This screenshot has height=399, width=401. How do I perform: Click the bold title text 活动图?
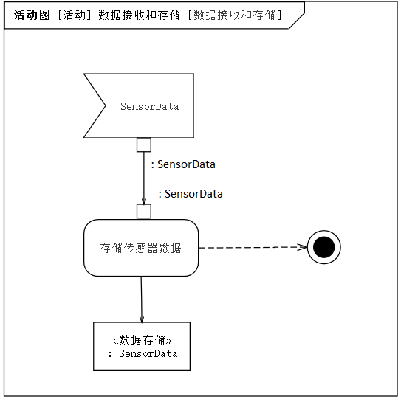32,15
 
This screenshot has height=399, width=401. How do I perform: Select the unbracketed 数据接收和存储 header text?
139,15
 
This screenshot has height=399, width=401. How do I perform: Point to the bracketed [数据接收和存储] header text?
235,15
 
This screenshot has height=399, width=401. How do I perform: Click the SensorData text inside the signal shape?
150,106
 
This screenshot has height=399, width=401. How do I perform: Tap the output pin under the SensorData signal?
144,145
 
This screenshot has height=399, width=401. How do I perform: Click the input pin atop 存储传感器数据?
144,211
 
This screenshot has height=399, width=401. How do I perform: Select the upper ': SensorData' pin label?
183,164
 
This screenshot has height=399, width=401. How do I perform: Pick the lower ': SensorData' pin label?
191,194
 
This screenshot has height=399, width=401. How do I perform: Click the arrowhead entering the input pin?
144,201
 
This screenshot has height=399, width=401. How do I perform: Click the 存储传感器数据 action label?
140,248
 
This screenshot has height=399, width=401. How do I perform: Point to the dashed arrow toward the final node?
253,247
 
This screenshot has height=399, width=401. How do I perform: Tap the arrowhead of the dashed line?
303,247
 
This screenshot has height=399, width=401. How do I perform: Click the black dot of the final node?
323,247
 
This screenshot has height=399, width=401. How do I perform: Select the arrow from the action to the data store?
142,299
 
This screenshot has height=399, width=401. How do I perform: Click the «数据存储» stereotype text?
143,340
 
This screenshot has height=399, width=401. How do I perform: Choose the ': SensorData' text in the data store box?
143,354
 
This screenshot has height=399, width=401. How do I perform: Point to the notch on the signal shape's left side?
105,105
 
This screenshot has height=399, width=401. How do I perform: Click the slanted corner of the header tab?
297,20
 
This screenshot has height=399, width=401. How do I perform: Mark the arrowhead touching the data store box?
142,319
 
